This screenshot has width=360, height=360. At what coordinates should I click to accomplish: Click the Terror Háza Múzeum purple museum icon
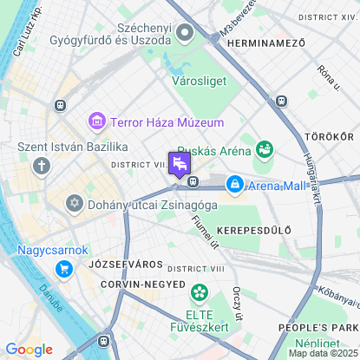[96, 122]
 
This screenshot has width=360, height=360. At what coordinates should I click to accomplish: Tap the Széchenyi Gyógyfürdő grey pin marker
[184, 33]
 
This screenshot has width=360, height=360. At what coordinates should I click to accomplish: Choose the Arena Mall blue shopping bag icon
[234, 184]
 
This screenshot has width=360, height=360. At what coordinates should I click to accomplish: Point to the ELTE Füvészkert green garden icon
[200, 293]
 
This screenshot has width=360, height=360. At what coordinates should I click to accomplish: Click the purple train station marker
[180, 164]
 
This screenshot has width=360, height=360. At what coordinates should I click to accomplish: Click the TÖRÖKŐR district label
[329, 137]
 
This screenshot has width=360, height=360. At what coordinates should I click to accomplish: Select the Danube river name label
[49, 296]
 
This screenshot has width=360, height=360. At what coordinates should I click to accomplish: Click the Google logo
[29, 349]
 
